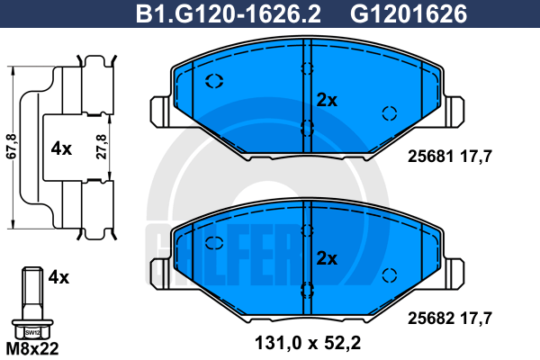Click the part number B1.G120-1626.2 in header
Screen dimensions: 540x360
coord(228,13)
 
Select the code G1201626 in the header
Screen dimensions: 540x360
coord(409,13)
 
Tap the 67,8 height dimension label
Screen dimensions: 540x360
coord(12,146)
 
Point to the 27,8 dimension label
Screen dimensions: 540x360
coord(102,147)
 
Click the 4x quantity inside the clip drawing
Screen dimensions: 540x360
coord(61,148)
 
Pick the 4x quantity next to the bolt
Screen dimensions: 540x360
coord(58,277)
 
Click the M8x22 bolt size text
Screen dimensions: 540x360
coord(32,348)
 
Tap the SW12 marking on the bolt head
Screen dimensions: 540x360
coord(32,332)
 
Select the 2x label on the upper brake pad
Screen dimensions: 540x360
coord(327,100)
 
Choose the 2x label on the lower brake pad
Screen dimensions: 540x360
coord(327,258)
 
